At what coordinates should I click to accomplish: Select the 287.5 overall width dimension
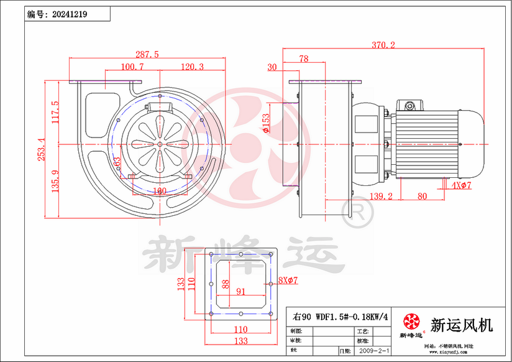(x=147, y=54)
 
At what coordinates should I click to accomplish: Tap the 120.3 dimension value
(x=193, y=67)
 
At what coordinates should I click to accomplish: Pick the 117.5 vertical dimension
(x=55, y=113)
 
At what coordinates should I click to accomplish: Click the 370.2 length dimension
(x=383, y=45)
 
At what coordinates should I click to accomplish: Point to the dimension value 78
(x=304, y=59)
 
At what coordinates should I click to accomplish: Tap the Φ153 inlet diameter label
(x=266, y=123)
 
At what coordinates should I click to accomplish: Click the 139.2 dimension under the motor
(x=380, y=196)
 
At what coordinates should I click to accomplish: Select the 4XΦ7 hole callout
(x=462, y=185)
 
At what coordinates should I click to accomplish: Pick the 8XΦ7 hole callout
(x=289, y=281)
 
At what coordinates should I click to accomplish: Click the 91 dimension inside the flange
(x=241, y=291)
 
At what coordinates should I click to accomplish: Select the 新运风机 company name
(x=462, y=324)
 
